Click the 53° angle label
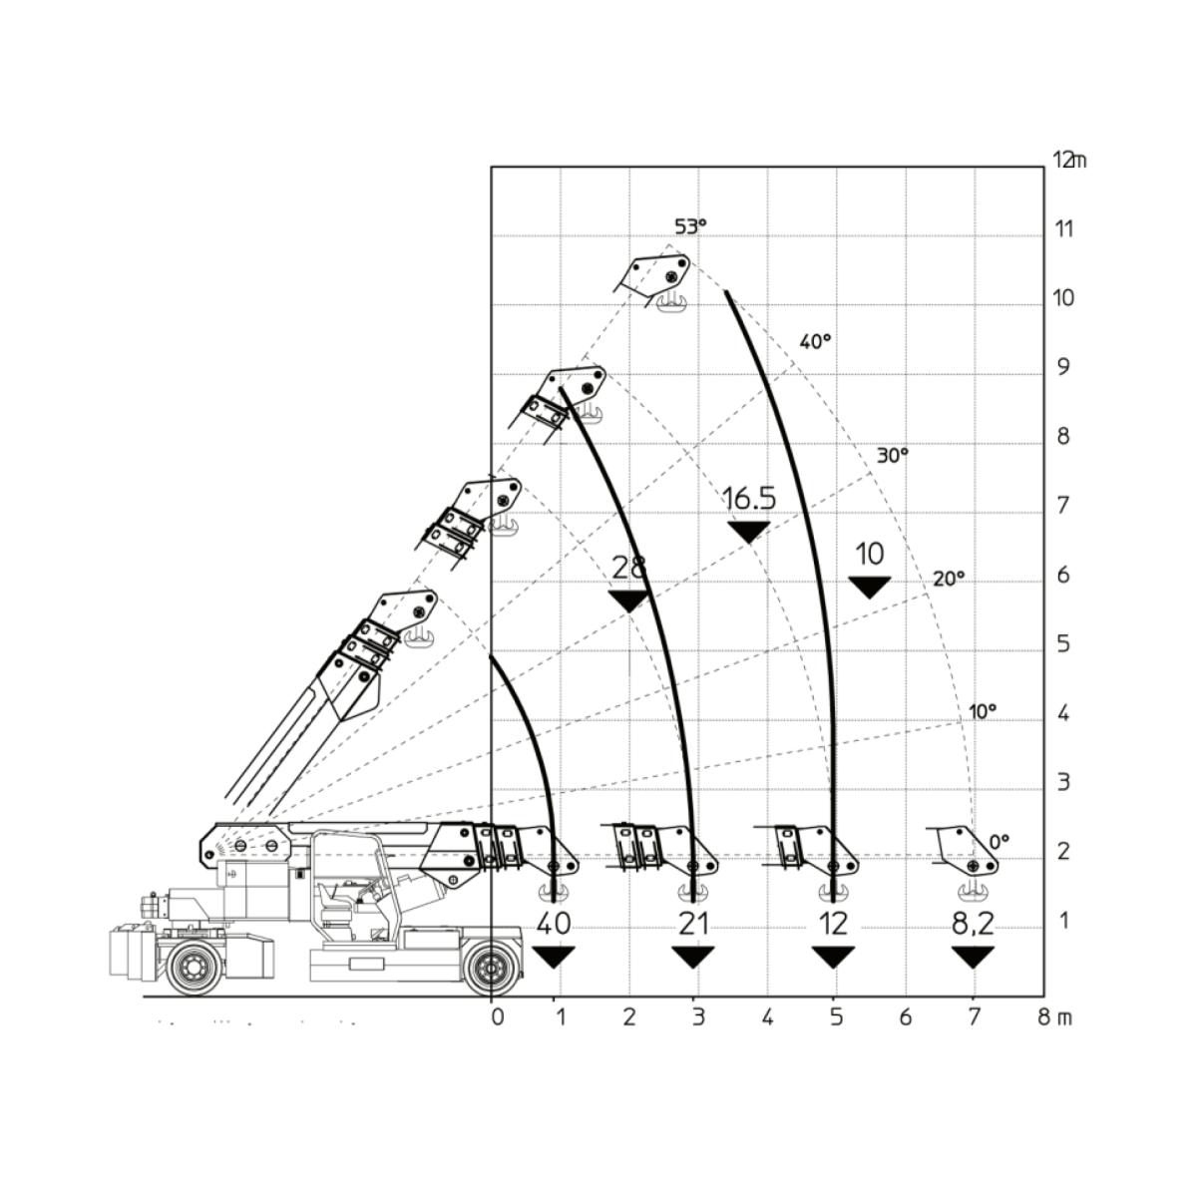(x=690, y=227)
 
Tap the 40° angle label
(x=815, y=341)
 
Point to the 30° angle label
(x=892, y=455)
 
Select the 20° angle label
(x=949, y=579)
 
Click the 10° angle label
(x=983, y=711)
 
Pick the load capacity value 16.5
(x=749, y=498)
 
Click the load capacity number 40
(x=553, y=924)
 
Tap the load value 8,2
(x=973, y=925)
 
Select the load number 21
(x=693, y=924)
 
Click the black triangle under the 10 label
(x=870, y=586)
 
